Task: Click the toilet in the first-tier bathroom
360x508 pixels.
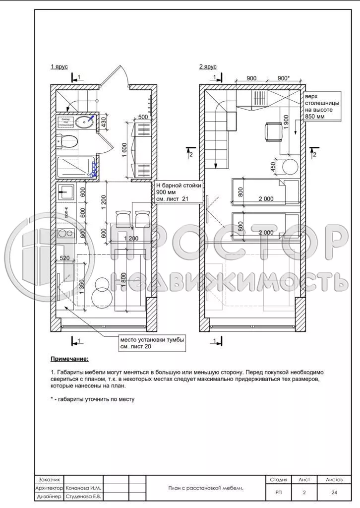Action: point(68,141)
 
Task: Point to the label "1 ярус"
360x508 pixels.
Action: point(59,66)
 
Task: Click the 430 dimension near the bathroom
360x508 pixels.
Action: point(104,122)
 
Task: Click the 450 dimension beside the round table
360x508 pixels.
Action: point(273,167)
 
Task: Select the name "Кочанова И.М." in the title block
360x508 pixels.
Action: point(82,488)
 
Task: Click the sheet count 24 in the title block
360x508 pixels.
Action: point(334,492)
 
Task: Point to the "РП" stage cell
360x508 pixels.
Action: point(279,492)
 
